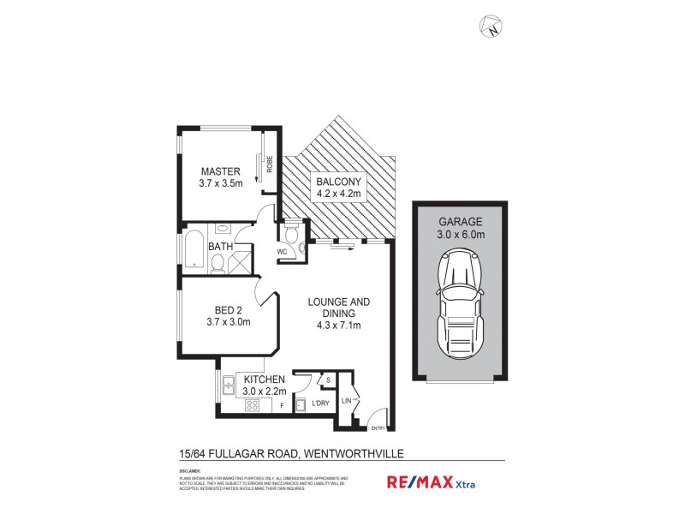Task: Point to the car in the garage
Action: pyautogui.click(x=458, y=305)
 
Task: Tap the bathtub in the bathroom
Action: pyautogui.click(x=194, y=250)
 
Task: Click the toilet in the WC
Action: pyautogui.click(x=291, y=234)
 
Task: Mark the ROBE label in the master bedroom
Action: pyautogui.click(x=269, y=164)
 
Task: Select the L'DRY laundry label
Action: pyautogui.click(x=321, y=403)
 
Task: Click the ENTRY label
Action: pyautogui.click(x=378, y=428)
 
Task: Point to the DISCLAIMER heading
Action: pyautogui.click(x=190, y=471)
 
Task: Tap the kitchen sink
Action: pyautogui.click(x=229, y=385)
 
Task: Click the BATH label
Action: pyautogui.click(x=221, y=248)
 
